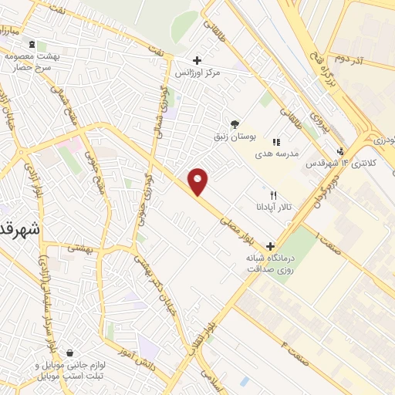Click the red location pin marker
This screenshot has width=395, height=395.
tap(198, 182)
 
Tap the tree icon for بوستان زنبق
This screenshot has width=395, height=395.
tap(235, 123)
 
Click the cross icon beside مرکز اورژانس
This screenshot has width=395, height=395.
tap(197, 60)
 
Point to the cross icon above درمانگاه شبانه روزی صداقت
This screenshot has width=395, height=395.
tap(269, 246)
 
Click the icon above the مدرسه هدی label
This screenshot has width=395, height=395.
tap(276, 142)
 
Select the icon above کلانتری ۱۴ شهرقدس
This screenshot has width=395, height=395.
tap(340, 151)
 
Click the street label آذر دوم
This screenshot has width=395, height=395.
tap(350, 59)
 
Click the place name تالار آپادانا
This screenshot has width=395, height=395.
tap(274, 208)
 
